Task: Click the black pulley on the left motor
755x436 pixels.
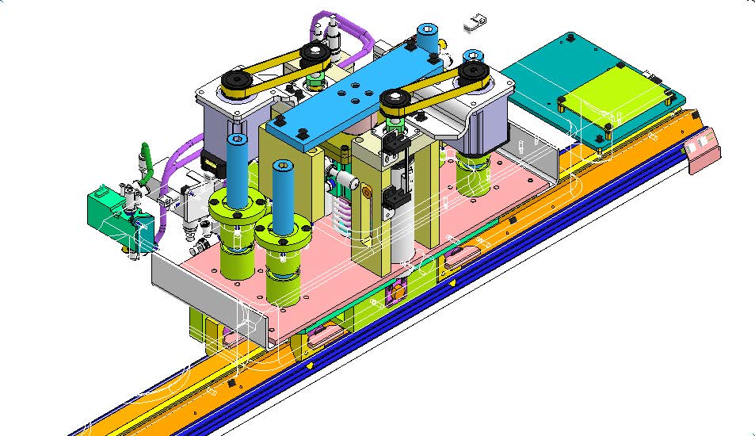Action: click(235, 82)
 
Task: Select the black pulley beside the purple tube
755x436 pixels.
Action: click(315, 54)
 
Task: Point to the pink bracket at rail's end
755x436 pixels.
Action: click(704, 151)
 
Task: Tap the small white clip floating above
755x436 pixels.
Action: click(474, 23)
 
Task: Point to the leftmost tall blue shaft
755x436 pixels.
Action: click(235, 170)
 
